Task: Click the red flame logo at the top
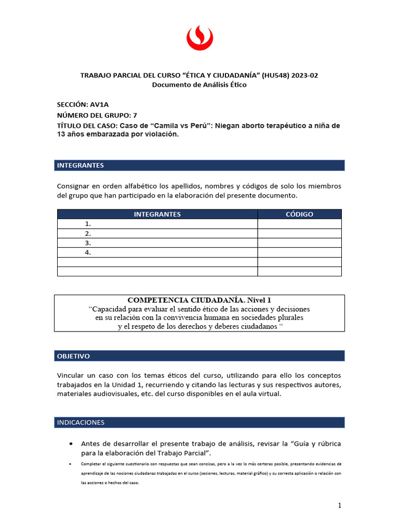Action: coord(199,39)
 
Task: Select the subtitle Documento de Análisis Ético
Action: coord(199,85)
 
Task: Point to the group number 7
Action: coord(135,115)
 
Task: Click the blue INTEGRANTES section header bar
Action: coord(199,165)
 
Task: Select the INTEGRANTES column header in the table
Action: coord(157,214)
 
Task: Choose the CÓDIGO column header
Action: coord(299,214)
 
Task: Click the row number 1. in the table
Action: coord(88,224)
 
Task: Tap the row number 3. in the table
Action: coord(88,243)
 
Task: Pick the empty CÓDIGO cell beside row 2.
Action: coord(299,233)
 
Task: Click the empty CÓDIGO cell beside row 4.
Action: coord(299,252)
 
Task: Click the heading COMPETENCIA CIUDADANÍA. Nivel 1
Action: coord(199,300)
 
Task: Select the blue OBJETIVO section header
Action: coord(199,356)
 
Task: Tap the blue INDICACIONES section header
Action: coord(199,422)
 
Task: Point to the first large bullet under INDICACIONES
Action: coord(70,444)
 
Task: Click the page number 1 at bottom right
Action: coord(339,506)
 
